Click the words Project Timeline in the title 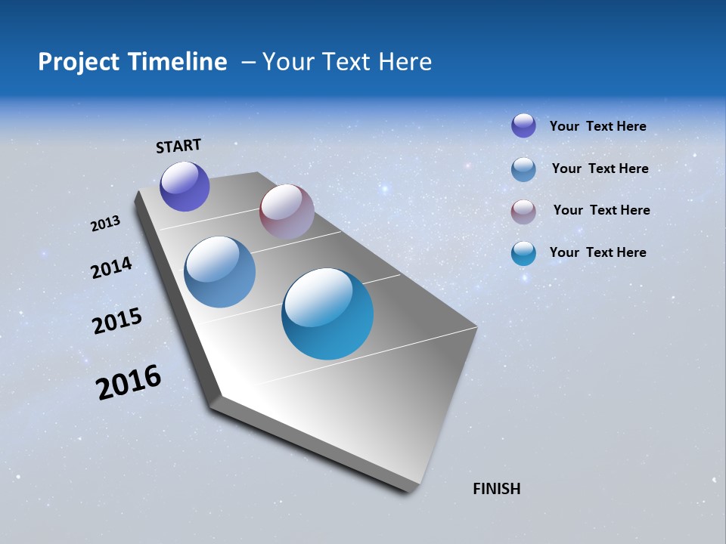132,62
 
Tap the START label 178,146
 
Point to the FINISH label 497,489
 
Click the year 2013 105,224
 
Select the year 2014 111,267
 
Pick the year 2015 117,321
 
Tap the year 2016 129,382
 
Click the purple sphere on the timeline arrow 185,186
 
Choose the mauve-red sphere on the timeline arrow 287,212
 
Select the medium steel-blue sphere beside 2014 219,272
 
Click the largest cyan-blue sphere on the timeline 327,314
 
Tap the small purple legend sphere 523,125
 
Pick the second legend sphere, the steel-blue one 523,168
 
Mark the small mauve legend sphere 523,211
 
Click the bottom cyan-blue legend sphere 523,253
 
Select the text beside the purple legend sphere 597,126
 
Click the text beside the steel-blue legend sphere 600,168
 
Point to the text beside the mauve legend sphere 601,210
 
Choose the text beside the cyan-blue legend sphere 597,252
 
